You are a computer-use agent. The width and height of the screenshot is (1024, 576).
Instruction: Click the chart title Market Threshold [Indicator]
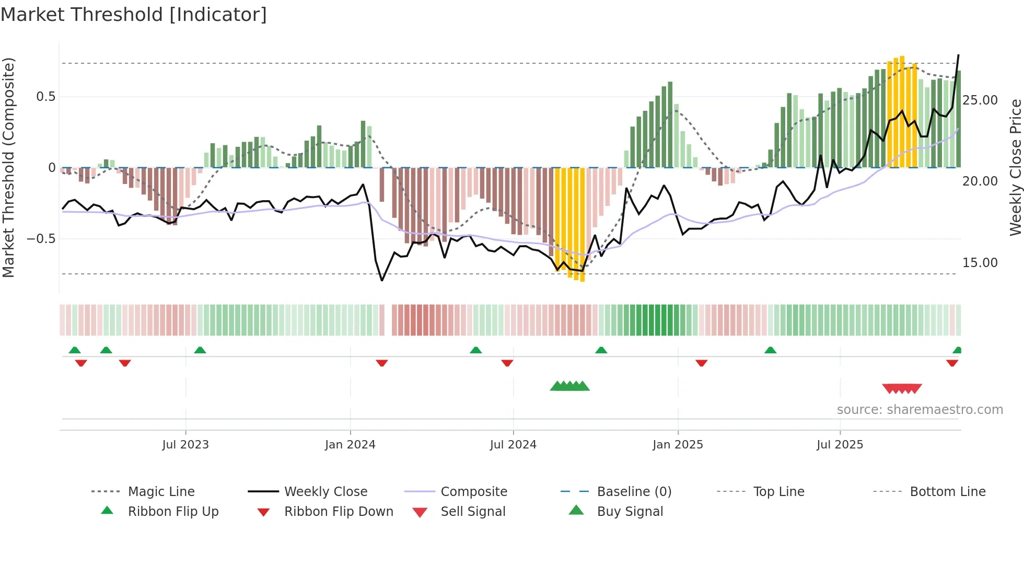[x=134, y=15]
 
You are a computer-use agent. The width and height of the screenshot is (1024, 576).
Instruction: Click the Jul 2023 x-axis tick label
[x=185, y=445]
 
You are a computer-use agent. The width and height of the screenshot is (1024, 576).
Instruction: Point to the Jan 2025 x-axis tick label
[x=678, y=445]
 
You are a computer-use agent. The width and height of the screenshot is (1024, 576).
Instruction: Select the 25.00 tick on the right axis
[x=980, y=100]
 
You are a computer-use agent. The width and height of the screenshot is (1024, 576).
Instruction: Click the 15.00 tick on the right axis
[x=980, y=263]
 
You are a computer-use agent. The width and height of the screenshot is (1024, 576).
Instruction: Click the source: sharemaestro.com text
[x=920, y=410]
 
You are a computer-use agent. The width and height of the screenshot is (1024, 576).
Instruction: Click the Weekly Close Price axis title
[x=1015, y=167]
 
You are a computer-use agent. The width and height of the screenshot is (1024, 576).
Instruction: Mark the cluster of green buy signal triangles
[x=569, y=386]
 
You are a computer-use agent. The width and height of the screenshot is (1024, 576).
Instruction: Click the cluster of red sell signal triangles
[x=902, y=388]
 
